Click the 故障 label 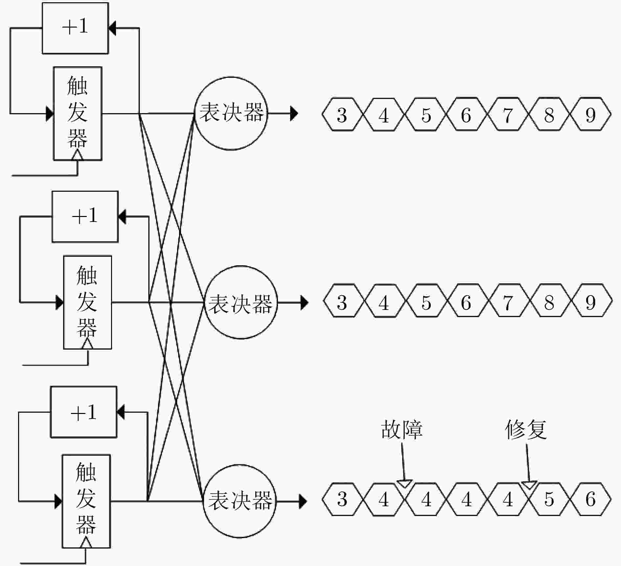402,429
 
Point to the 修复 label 526,429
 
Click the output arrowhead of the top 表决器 294,114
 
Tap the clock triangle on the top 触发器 78,155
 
